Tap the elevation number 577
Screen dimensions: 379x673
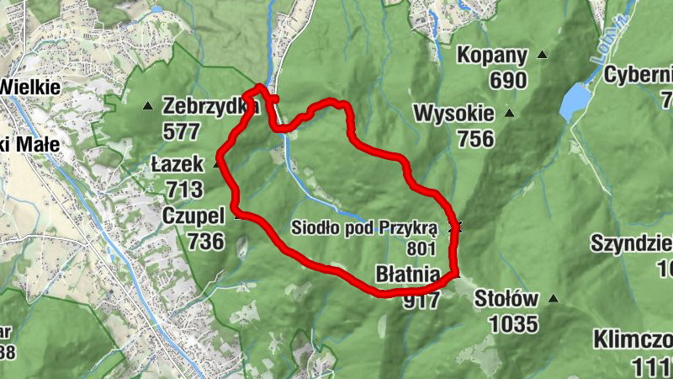pyautogui.click(x=183, y=131)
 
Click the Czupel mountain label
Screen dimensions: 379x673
pyautogui.click(x=193, y=217)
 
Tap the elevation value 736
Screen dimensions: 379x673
pyautogui.click(x=207, y=242)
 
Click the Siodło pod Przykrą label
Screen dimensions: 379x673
pyautogui.click(x=365, y=227)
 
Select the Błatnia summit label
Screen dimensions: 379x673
pyautogui.click(x=407, y=275)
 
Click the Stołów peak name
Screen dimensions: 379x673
pyautogui.click(x=506, y=298)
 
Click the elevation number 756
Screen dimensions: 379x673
pyautogui.click(x=476, y=138)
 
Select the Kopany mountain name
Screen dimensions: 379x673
pyautogui.click(x=492, y=56)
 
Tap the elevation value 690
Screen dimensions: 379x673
pyautogui.click(x=505, y=81)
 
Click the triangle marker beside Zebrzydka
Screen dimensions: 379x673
pyautogui.click(x=148, y=106)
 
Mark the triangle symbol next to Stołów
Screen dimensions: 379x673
pyautogui.click(x=553, y=298)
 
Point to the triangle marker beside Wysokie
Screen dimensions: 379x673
pyautogui.click(x=508, y=113)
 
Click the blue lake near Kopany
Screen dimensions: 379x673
pyautogui.click(x=575, y=100)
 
